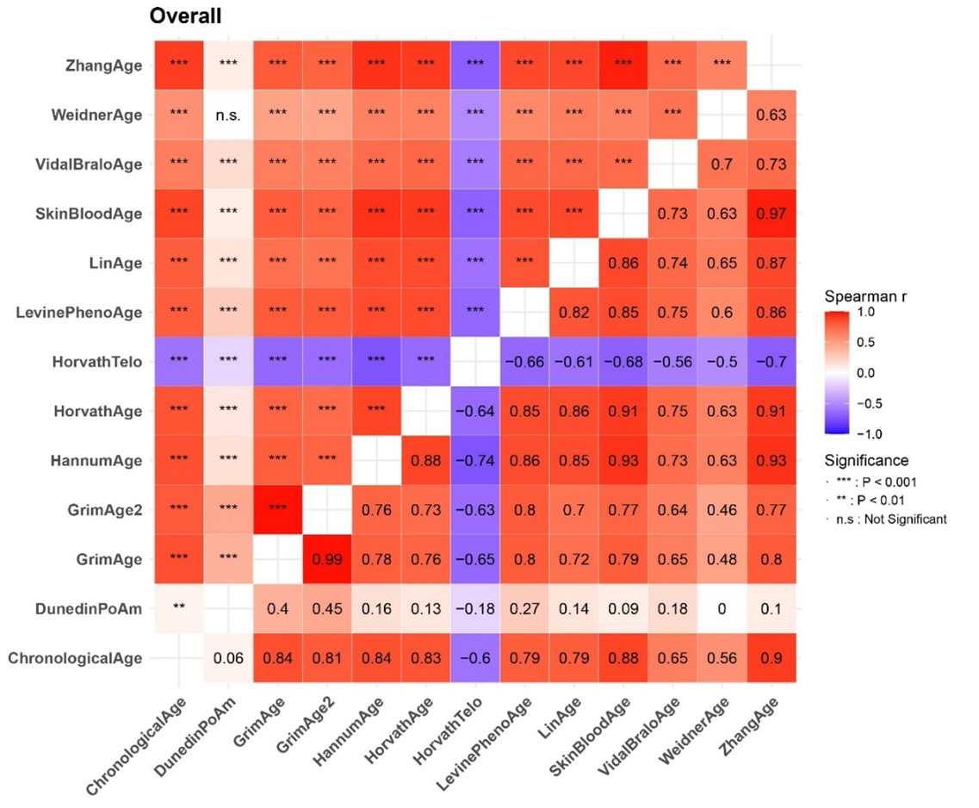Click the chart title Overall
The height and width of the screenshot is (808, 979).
186,16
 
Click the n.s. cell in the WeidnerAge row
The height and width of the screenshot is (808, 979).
228,114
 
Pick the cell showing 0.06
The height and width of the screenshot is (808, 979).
228,659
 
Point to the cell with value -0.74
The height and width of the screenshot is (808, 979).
475,461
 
